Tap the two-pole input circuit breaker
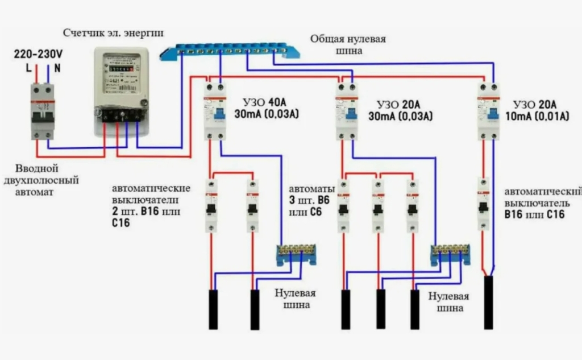point(42,110)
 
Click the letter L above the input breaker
point(28,67)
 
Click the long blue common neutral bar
point(230,51)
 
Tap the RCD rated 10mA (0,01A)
point(487,110)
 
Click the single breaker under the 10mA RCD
point(484,203)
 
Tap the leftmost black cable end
point(213,309)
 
